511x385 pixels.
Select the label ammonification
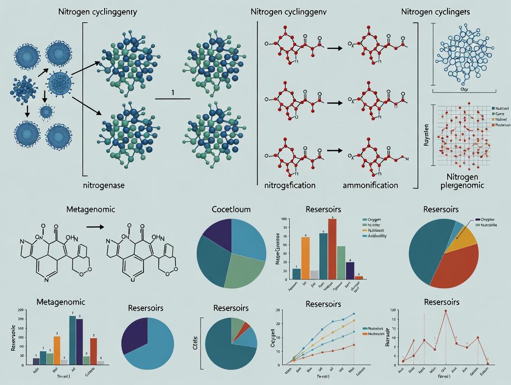(370, 185)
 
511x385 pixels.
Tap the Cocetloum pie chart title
(231, 209)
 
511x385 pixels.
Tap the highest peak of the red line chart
(446, 311)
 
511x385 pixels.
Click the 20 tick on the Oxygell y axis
(264, 310)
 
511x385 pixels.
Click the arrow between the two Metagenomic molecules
(95, 227)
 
